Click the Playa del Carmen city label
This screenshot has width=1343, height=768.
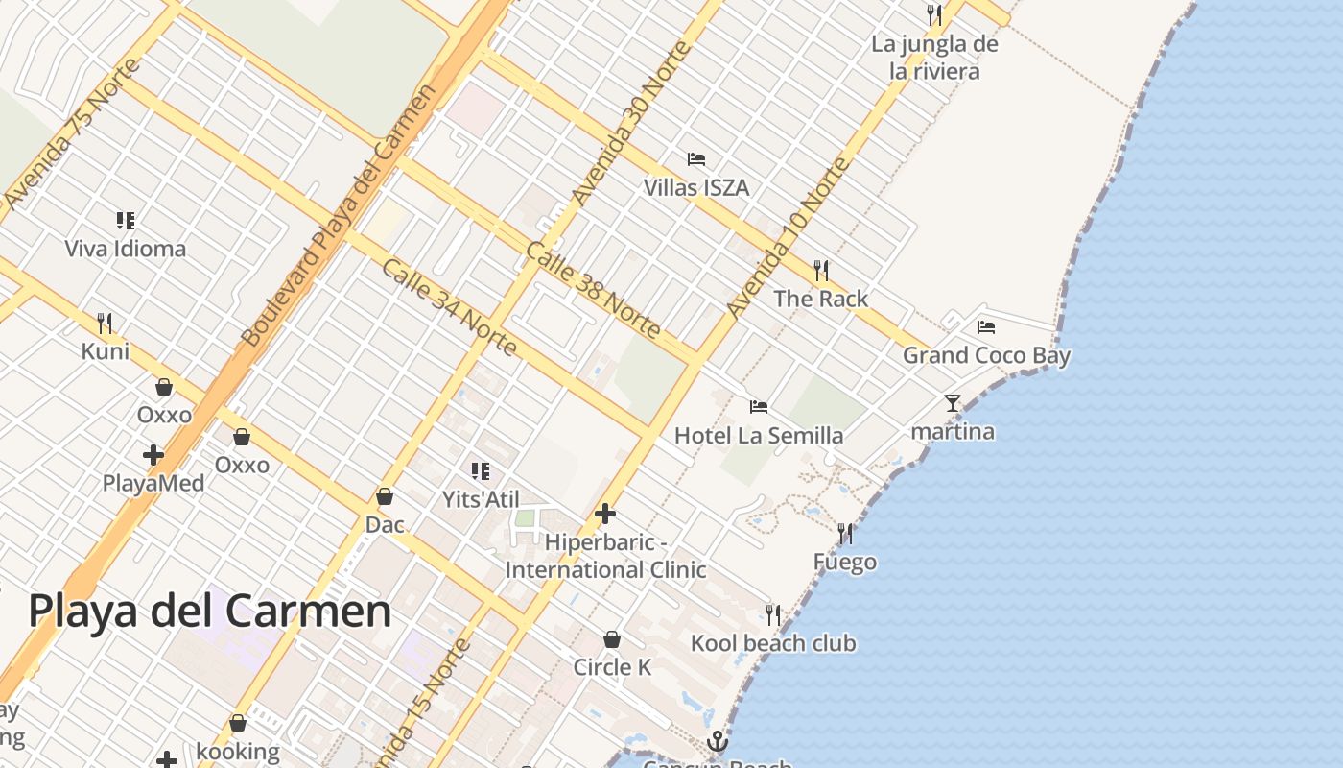pos(209,611)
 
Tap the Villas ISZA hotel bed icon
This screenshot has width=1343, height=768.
pos(696,158)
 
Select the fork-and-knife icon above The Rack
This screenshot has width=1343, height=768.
pos(821,270)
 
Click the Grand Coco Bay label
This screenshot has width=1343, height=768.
pos(986,355)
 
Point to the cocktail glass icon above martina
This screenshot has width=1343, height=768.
pos(952,403)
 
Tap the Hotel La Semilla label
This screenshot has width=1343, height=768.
pos(759,435)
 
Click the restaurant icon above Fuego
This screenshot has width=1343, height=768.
pos(845,533)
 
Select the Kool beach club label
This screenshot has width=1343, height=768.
pos(773,643)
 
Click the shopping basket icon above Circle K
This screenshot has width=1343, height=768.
pos(612,639)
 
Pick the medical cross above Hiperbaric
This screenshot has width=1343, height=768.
pos(605,514)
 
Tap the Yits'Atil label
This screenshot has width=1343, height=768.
pos(481,499)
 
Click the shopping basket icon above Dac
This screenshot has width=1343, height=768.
pos(385,496)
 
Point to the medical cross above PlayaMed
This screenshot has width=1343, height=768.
pos(153,454)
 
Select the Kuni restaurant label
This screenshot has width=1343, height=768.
pos(106,351)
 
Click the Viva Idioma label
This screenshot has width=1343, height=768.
pos(126,249)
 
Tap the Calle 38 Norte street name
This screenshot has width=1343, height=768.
pos(592,290)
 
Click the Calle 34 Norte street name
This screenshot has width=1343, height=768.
pos(450,306)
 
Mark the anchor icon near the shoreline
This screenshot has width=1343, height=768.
pos(717,741)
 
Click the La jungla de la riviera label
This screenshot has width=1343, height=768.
pos(934,58)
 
